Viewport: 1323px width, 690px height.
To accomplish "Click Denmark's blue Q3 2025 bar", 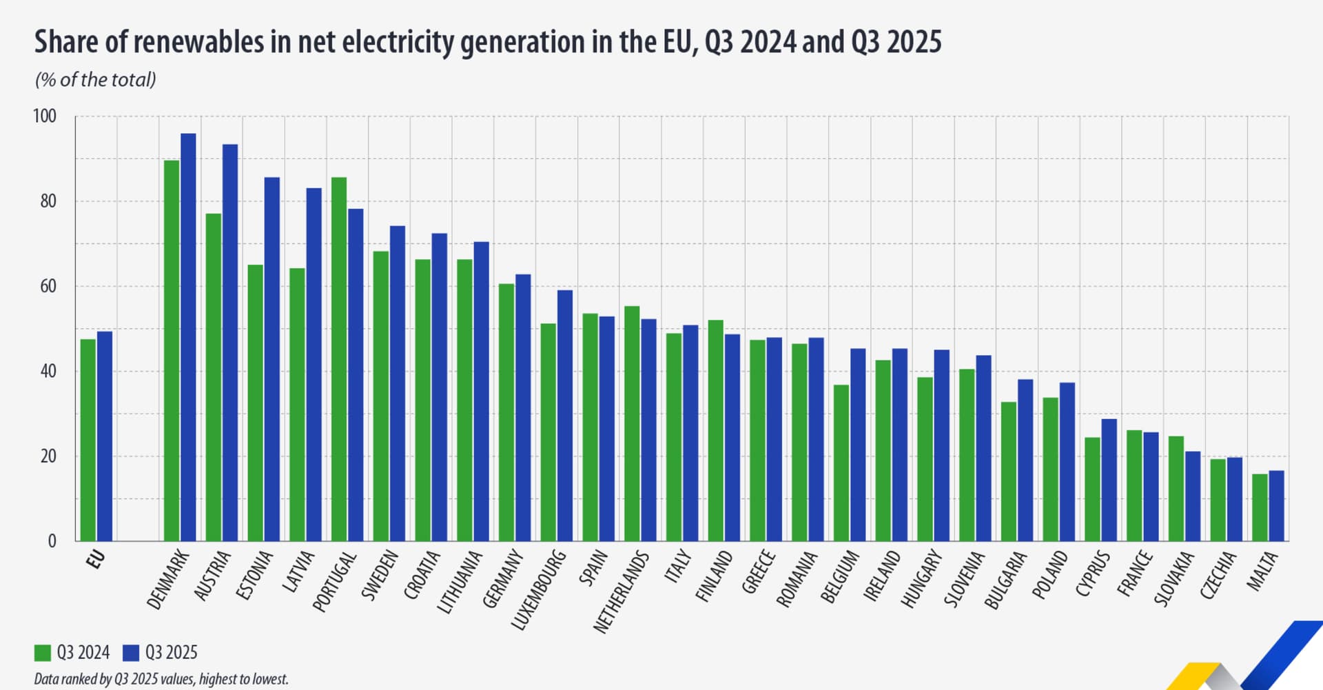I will tap(188, 337).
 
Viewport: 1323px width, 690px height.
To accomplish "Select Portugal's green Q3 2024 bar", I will tap(338, 359).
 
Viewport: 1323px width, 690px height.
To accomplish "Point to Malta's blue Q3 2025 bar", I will tap(1276, 506).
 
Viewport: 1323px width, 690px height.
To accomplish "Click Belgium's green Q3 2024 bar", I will tap(841, 463).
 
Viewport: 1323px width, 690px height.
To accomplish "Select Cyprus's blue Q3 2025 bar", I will tap(1109, 480).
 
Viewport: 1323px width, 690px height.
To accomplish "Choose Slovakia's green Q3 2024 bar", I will tap(1176, 489).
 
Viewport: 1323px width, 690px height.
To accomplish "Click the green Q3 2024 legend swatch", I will tap(43, 653).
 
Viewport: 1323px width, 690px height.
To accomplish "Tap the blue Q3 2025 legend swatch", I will tap(131, 653).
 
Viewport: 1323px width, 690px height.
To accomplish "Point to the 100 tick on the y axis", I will tap(45, 116).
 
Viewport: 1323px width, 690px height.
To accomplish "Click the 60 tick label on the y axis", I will tap(48, 286).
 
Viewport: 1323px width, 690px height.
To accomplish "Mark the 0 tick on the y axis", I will tap(52, 541).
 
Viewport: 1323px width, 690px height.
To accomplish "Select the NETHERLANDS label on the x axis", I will tap(621, 592).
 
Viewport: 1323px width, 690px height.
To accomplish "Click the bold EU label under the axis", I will tap(96, 559).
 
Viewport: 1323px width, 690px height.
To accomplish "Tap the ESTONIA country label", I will tap(254, 575).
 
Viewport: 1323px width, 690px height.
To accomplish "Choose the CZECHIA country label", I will tap(1218, 575).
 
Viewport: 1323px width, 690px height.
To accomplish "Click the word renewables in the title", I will tap(199, 42).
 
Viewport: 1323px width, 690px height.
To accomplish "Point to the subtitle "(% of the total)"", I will tap(96, 80).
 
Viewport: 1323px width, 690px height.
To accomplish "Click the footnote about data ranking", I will tap(161, 679).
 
